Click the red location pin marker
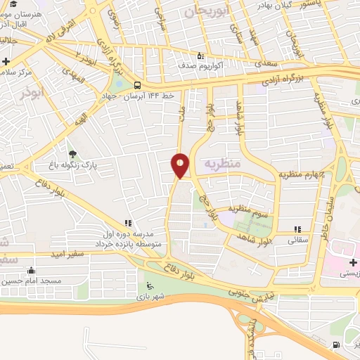[181, 165]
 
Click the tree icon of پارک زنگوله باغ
[72, 153]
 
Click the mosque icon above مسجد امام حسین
[31, 271]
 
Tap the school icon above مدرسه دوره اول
[128, 224]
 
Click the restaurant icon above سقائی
[298, 229]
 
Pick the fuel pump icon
[335, 345]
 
